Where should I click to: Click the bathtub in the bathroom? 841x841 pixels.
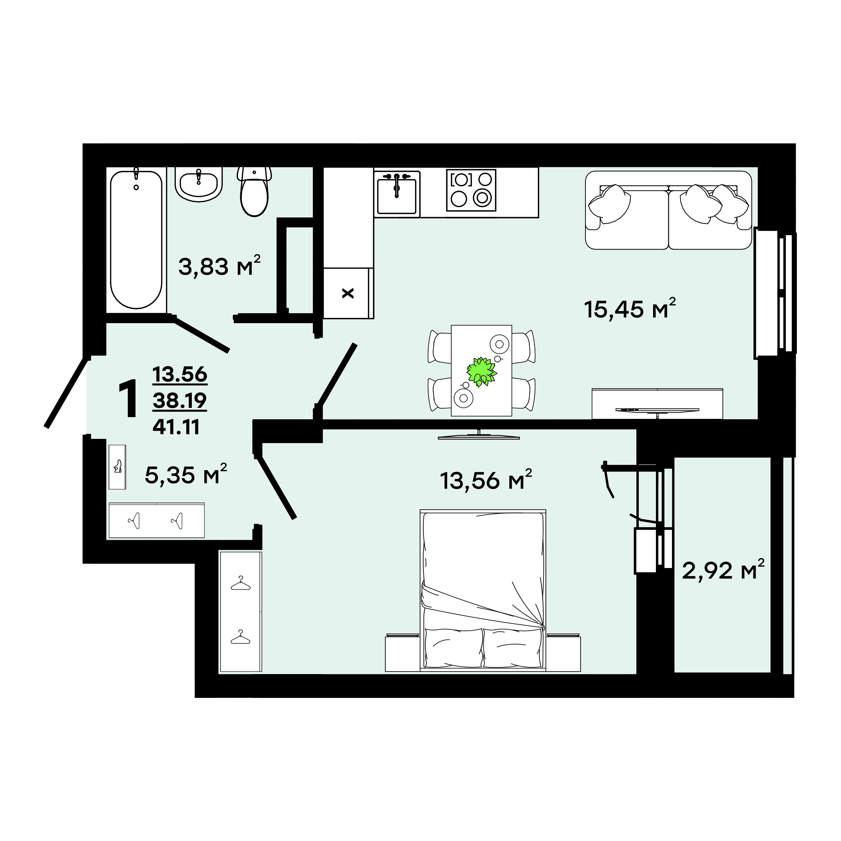tap(136, 240)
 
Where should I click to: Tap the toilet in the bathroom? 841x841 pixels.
tap(254, 191)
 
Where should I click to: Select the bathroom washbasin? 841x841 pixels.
tap(199, 185)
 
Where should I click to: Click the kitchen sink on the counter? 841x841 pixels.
tap(396, 194)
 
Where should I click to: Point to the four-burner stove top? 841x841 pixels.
tap(471, 190)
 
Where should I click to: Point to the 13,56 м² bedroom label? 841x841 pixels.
tap(486, 480)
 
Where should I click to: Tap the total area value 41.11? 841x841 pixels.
tap(176, 427)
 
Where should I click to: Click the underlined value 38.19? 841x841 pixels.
tap(180, 400)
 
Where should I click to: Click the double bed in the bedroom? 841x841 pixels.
tap(483, 590)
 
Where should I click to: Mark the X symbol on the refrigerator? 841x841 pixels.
tap(348, 293)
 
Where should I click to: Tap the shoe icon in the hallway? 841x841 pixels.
tap(117, 467)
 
